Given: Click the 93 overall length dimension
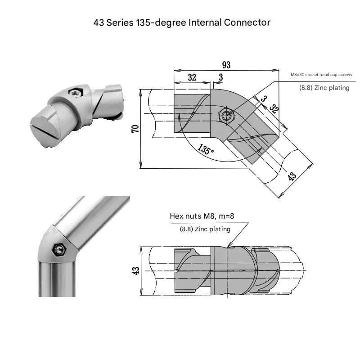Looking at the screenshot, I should point(226,65).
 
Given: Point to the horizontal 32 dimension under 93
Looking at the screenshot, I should point(192,77).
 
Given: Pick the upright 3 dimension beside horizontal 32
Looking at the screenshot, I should point(220,77).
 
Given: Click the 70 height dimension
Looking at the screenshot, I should point(135,129).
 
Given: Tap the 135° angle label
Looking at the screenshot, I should point(206,150).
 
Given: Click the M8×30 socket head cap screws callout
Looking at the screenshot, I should point(321,75).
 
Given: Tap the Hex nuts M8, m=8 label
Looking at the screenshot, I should point(202,216).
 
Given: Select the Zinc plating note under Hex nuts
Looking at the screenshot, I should point(205,229).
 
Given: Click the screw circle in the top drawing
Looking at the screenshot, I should point(227,116).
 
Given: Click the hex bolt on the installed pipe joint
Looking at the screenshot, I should point(58,249).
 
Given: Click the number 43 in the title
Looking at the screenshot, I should point(99,22).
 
